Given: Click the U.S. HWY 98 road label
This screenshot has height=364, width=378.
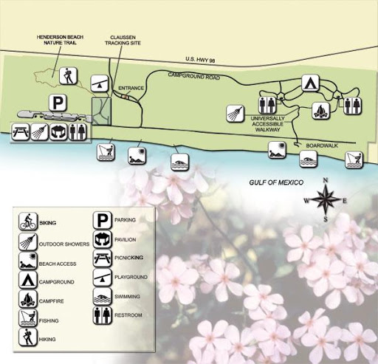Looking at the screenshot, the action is [x=200, y=60].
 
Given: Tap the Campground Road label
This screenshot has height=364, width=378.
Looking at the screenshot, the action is [x=194, y=75].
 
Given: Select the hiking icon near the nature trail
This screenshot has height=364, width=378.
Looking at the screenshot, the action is [x=68, y=76].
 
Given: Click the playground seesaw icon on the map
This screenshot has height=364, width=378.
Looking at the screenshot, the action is [x=100, y=83].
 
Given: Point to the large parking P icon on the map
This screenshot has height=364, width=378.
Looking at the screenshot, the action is [x=58, y=103].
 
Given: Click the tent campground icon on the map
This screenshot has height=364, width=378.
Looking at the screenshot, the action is [x=311, y=83].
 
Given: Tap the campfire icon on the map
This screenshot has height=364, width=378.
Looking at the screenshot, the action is [x=321, y=111].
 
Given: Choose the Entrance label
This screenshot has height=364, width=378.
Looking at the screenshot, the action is [x=131, y=88].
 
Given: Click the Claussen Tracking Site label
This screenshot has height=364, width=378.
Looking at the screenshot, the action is [x=123, y=40].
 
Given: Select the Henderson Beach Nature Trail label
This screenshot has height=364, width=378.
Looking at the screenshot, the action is [x=60, y=40].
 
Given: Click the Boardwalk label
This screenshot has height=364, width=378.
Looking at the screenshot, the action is [x=322, y=145].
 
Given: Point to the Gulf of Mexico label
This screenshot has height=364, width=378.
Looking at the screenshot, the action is [x=276, y=182].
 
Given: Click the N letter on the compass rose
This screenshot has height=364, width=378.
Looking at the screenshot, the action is [x=326, y=180].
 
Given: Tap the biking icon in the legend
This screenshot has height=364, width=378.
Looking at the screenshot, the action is [x=28, y=222].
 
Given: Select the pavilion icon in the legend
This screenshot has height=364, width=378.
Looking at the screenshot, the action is [x=103, y=240].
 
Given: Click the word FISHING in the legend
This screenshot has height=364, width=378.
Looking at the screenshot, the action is [x=49, y=320].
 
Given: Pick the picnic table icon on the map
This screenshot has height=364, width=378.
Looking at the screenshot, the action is [x=21, y=131].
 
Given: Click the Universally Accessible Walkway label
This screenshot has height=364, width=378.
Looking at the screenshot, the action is [x=267, y=124].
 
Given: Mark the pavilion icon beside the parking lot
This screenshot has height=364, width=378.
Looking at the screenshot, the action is [x=58, y=131].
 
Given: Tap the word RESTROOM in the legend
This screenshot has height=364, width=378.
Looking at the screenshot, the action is [x=128, y=315].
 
